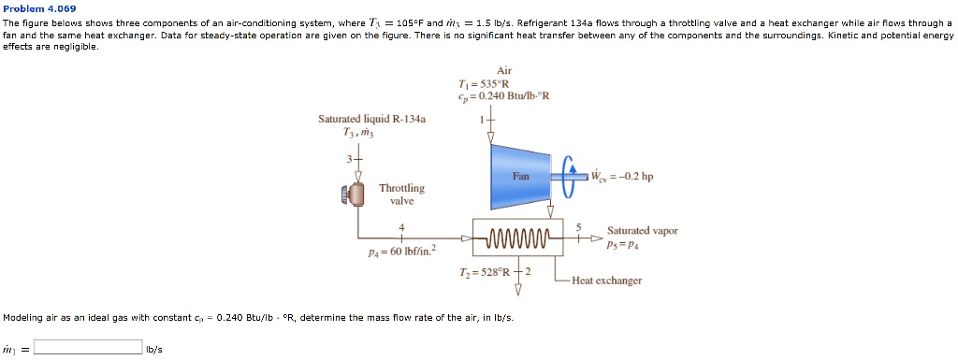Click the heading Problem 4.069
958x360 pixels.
pyautogui.click(x=40, y=8)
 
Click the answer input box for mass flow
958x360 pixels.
pyautogui.click(x=88, y=347)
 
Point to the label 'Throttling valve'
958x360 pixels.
pyautogui.click(x=401, y=194)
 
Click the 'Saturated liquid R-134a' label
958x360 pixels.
pyautogui.click(x=371, y=120)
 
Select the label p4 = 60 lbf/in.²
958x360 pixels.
pyautogui.click(x=395, y=252)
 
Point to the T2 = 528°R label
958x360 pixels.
pyautogui.click(x=484, y=271)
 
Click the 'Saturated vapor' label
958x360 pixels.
pyautogui.click(x=642, y=230)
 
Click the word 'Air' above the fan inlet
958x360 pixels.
pyautogui.click(x=504, y=70)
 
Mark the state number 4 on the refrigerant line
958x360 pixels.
pyautogui.click(x=401, y=227)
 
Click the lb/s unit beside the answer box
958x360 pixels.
pyautogui.click(x=153, y=349)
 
